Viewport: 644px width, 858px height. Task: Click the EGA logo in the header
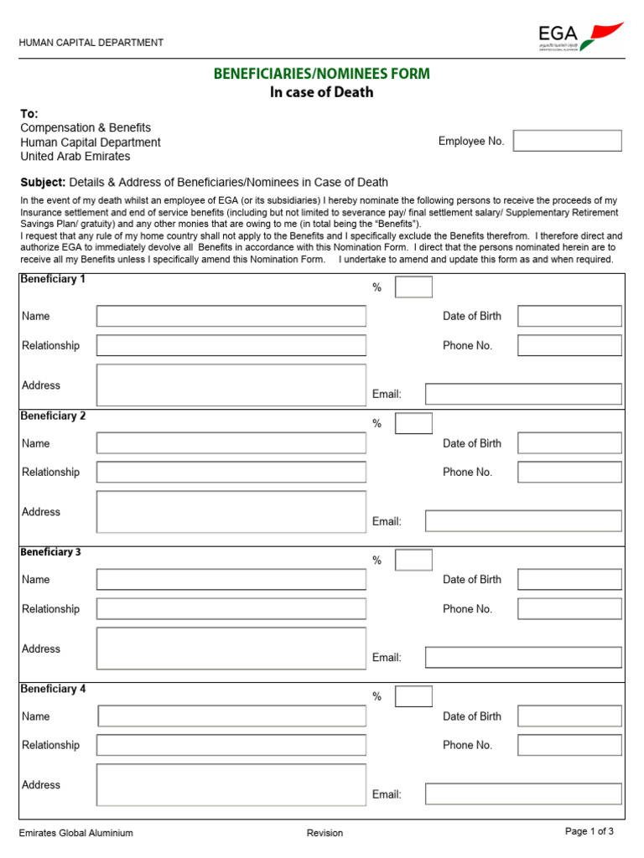coord(580,36)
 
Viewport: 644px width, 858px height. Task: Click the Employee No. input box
coord(567,141)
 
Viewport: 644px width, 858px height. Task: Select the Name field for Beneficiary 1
coord(231,316)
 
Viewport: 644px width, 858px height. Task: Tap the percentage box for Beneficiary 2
coord(413,424)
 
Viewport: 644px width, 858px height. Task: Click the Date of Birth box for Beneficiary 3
coord(569,580)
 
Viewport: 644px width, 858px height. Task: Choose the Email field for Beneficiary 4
coord(523,794)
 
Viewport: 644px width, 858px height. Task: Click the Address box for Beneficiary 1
coord(231,385)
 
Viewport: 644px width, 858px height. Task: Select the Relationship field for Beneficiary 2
coord(231,473)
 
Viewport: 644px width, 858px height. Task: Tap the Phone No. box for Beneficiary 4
coord(569,745)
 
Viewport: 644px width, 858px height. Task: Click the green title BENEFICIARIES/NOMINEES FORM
coord(321,74)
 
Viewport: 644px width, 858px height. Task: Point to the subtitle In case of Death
coord(321,92)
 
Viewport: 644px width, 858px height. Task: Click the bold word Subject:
coord(43,183)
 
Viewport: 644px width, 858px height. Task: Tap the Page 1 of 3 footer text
coord(589,831)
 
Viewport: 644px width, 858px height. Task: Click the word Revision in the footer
coord(325,833)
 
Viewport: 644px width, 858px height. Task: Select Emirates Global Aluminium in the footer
coord(76,833)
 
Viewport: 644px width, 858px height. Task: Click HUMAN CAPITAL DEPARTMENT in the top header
coord(91,43)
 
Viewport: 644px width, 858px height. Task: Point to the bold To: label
coord(29,114)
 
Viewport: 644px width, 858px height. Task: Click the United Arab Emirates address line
coord(75,157)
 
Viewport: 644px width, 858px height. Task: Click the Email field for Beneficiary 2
coord(523,521)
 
